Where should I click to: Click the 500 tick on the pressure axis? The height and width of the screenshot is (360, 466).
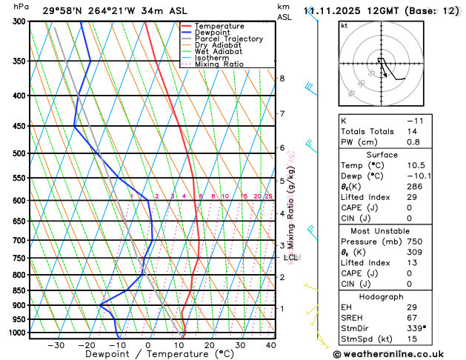coord(17,153)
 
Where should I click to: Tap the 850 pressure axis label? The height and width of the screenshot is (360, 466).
coord(17,290)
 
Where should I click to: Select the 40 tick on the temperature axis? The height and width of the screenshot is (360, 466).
coord(270,345)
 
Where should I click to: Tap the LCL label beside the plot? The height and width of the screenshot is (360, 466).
coord(290,258)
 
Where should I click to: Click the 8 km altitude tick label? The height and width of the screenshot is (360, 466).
coord(282,79)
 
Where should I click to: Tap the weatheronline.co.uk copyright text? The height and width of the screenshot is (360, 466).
coord(396,354)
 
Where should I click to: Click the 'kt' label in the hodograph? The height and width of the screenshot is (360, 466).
coord(344,25)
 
